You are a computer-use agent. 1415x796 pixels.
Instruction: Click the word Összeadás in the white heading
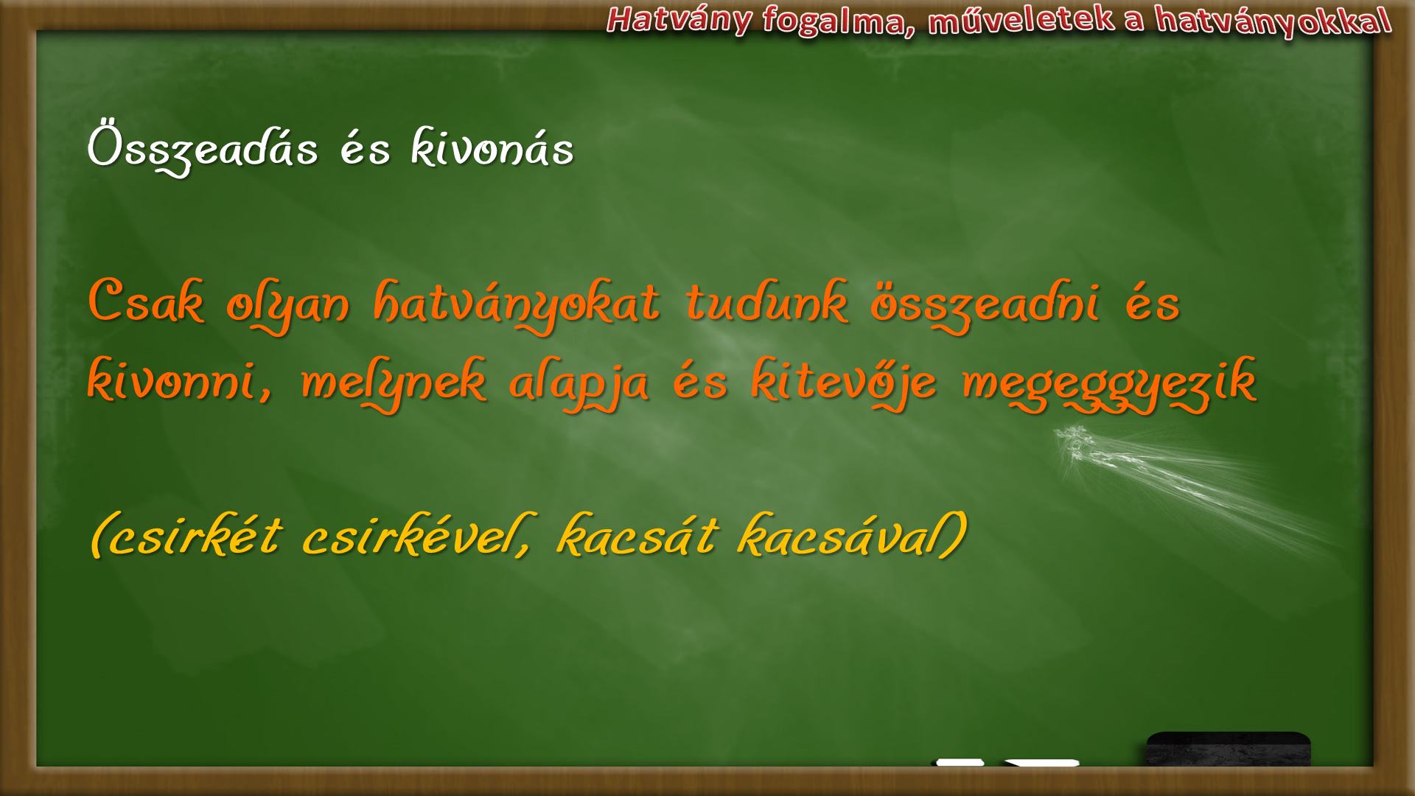click(x=203, y=150)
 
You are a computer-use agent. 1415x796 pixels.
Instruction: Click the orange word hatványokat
click(x=517, y=307)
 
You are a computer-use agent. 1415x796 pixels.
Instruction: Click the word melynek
click(x=394, y=385)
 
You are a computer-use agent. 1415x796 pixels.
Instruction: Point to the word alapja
click(x=579, y=385)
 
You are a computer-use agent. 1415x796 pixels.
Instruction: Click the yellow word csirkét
click(x=185, y=536)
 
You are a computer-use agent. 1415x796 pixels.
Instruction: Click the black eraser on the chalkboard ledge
click(x=1229, y=749)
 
